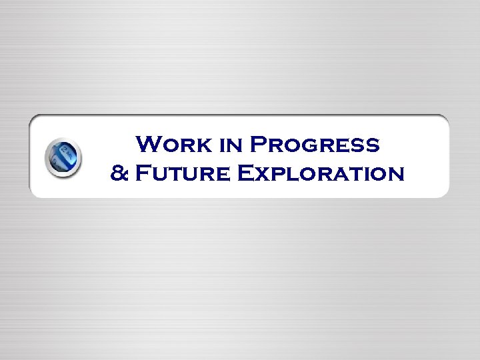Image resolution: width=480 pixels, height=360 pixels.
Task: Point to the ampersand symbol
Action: (119, 174)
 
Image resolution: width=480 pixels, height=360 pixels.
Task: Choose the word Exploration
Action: (320, 174)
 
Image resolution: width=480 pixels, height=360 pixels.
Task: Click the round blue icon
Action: (63, 158)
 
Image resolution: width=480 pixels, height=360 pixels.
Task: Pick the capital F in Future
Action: (141, 174)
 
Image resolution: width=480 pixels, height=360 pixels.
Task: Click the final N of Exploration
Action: (395, 175)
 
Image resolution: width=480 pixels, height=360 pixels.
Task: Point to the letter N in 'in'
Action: (234, 145)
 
